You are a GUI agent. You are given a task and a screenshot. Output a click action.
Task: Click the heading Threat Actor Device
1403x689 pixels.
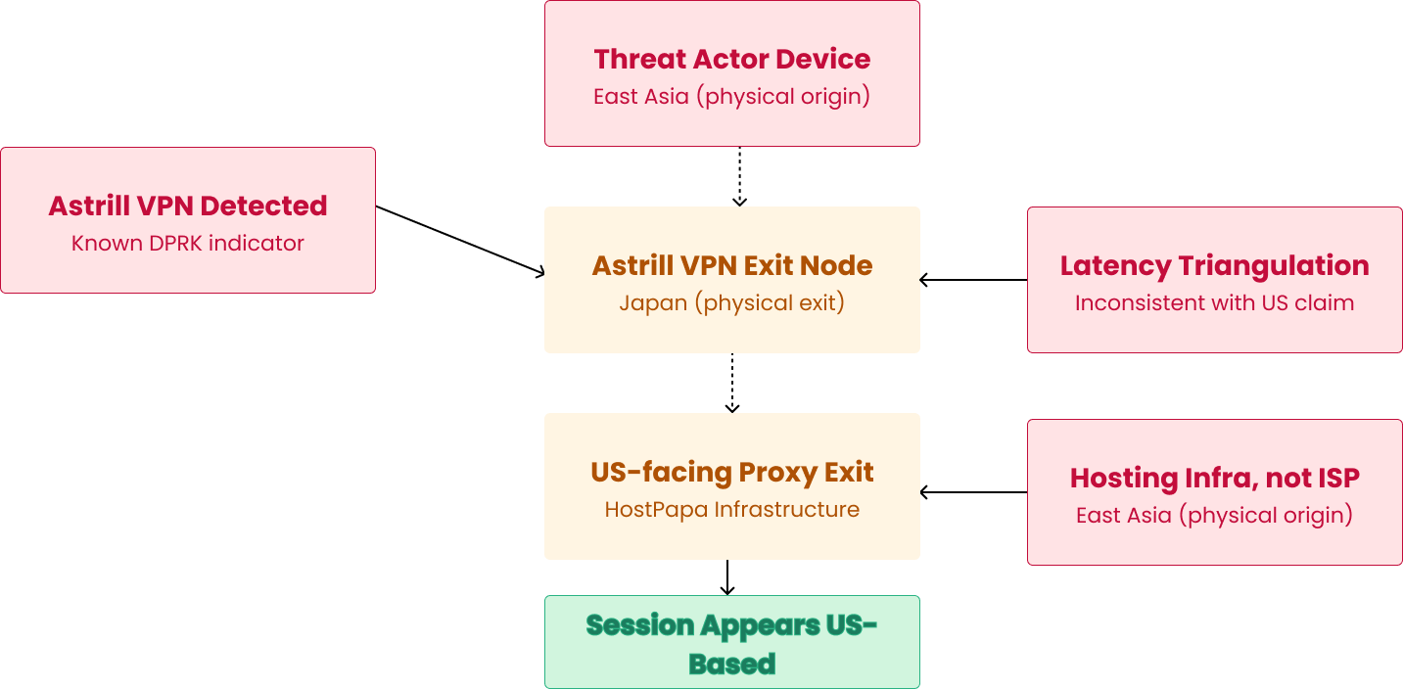point(731,59)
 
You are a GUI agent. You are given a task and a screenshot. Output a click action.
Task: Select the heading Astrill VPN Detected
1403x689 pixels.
point(188,206)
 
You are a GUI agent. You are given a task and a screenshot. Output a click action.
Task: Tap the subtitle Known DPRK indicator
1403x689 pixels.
point(188,243)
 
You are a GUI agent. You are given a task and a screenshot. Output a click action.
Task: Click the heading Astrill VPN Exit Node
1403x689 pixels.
point(731,265)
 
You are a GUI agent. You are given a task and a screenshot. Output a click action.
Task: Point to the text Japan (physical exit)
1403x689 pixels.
point(731,302)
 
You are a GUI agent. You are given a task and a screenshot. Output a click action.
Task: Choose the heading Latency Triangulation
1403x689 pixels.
point(1214,265)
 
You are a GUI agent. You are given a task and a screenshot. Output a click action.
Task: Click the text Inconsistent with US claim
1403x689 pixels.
point(1214,302)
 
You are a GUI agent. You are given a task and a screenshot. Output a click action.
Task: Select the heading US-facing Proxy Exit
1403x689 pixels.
point(731,472)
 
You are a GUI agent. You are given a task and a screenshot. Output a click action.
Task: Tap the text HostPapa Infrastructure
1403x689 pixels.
point(731,509)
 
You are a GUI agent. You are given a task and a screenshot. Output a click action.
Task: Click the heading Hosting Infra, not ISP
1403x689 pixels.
point(1214,478)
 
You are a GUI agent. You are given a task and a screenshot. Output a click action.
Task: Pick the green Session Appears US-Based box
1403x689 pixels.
point(731,643)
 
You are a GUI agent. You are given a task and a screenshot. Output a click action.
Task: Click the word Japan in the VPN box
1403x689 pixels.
point(653,302)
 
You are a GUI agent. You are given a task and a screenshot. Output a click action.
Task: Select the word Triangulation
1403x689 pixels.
point(1274,265)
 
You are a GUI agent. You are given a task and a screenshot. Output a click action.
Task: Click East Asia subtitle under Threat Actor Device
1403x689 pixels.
point(641,97)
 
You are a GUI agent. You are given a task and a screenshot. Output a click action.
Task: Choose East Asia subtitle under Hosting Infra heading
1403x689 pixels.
point(1123,515)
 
